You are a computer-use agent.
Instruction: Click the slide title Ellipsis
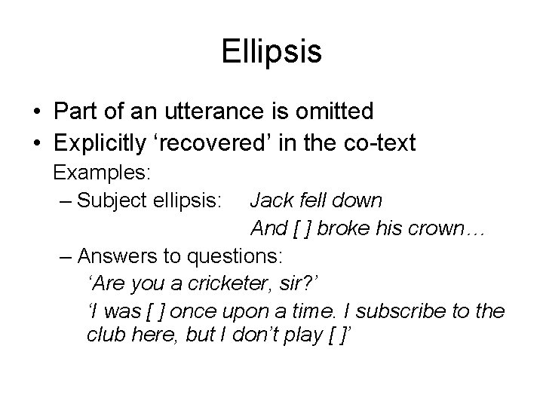pos(271,52)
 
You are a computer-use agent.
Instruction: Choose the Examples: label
pos(103,173)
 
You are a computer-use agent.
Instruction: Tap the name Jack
pos(268,201)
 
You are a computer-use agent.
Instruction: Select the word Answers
pos(115,256)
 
